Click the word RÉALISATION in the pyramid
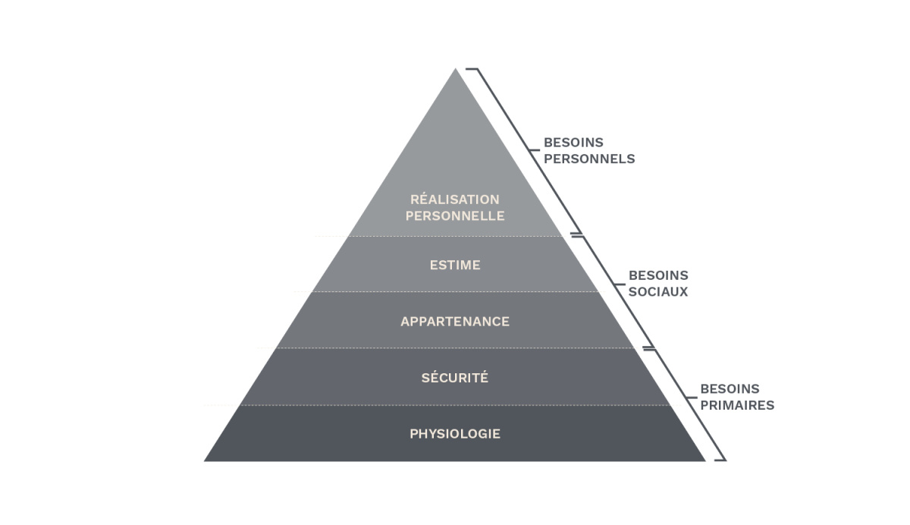454,200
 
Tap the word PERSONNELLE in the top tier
454,216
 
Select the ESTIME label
455,266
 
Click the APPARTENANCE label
455,322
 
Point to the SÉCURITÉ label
455,378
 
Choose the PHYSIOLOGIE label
455,434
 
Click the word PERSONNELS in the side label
589,159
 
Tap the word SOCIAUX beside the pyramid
657,291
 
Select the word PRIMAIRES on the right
736,405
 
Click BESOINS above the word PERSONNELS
573,143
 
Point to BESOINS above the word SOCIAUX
658,275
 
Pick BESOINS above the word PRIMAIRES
730,389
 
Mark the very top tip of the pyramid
456,70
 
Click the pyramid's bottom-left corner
206,460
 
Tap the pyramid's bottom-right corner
704,460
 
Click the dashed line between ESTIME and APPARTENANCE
455,292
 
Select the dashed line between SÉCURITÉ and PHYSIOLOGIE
455,405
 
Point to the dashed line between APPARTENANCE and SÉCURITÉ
455,348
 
